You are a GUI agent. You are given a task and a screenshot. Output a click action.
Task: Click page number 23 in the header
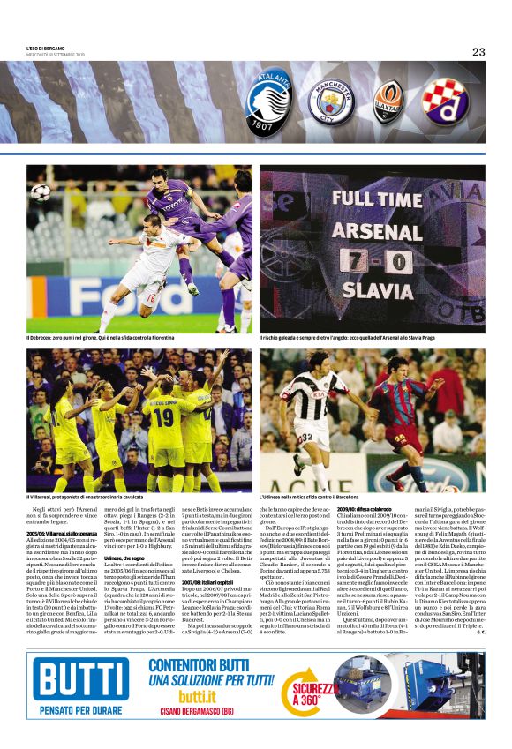click(x=478, y=52)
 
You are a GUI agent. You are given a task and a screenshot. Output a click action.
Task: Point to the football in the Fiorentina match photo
click(x=41, y=191)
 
